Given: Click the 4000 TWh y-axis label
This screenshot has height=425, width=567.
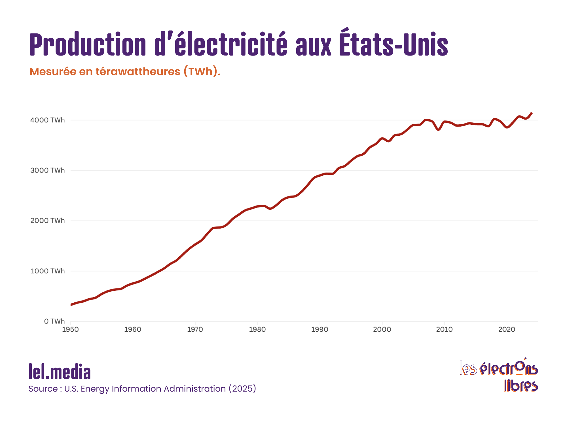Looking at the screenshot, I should tap(47, 120).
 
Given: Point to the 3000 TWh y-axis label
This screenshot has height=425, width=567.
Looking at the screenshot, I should tap(47, 170).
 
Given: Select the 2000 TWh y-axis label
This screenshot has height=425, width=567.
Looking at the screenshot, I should tap(47, 221).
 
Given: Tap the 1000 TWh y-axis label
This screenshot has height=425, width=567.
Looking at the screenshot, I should tap(47, 271).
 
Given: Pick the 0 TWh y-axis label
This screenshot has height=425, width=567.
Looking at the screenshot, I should tap(54, 321).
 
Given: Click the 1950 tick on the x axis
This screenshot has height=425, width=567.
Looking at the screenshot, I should tap(70, 330).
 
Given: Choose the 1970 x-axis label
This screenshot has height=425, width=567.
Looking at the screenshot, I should tap(195, 330).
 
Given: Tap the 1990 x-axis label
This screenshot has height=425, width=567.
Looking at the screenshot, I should tap(320, 330).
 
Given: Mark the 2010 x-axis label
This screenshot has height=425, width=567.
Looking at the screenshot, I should tap(444, 330).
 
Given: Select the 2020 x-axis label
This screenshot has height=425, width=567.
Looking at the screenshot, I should tap(507, 330).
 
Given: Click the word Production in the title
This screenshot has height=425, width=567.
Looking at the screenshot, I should tap(87, 45).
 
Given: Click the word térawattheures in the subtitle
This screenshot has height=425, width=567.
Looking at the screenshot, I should tap(138, 72).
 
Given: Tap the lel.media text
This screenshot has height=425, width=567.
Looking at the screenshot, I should tap(60, 372).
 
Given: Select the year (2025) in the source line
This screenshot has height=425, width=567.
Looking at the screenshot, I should tap(242, 389).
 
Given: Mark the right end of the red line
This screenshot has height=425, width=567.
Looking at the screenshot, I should tap(532, 113).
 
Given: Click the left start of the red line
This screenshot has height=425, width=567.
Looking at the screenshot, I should tap(71, 305).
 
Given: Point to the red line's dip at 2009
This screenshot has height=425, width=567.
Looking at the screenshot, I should tap(439, 129).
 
